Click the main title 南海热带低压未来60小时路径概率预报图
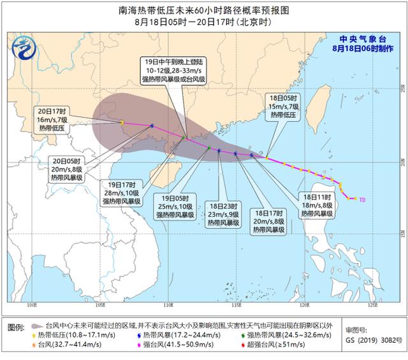pos(203,11)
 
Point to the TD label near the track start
pos(362,199)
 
